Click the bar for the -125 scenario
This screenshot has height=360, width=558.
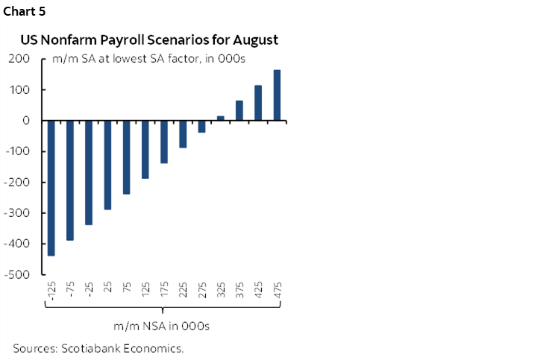point(51,188)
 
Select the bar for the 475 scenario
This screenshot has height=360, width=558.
point(277,95)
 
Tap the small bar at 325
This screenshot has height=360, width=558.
point(221,118)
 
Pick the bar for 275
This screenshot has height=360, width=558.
point(201,127)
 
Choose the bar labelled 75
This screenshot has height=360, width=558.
point(127,157)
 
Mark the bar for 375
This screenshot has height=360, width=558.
point(239,110)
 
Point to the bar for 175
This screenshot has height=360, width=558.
point(164,142)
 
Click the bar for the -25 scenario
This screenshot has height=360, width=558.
point(89,172)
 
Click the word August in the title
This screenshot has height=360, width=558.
point(252,40)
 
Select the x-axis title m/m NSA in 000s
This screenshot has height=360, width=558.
point(161,326)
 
